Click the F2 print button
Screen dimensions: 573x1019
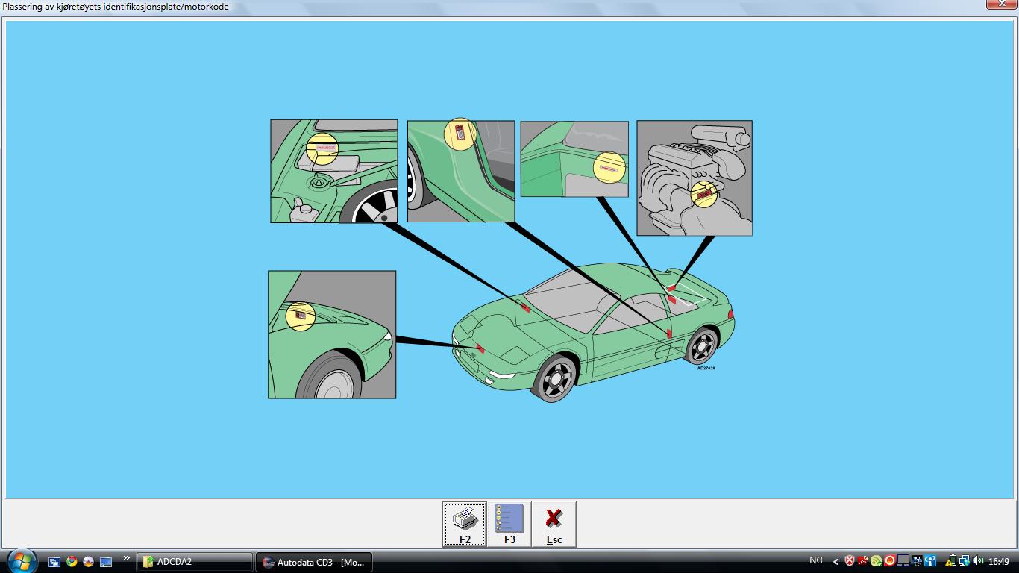coord(464,524)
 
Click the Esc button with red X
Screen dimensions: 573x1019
coord(554,524)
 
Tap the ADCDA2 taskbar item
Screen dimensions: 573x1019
coord(194,562)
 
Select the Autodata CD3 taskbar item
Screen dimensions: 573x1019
coord(313,562)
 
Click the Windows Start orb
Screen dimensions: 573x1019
coord(20,561)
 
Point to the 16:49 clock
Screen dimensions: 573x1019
coord(998,561)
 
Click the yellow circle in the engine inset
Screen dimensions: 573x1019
coord(703,194)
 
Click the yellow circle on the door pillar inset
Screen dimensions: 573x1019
coord(460,134)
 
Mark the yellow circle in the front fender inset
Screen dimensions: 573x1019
coord(301,316)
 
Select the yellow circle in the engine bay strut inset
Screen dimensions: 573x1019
coord(322,148)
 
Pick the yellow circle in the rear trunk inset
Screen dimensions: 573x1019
coord(609,167)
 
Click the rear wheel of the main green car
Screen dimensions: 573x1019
coord(701,346)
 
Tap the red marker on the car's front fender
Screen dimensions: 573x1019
coord(480,348)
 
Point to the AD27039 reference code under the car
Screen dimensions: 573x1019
coord(706,368)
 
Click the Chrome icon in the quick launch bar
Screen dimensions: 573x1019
coord(72,561)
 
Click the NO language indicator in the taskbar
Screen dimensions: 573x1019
coord(815,560)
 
